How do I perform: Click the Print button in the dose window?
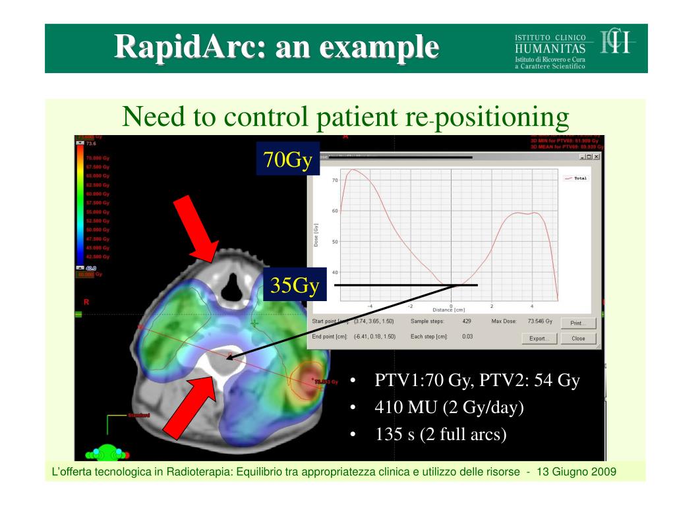click(x=578, y=323)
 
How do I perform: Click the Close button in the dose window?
click(x=578, y=338)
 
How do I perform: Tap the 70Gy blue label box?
click(x=287, y=159)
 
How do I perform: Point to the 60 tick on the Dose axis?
click(x=335, y=211)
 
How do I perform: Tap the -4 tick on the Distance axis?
click(x=370, y=306)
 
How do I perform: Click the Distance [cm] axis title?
click(x=451, y=310)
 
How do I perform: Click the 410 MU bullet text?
click(x=449, y=408)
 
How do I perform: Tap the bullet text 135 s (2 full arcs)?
click(x=440, y=435)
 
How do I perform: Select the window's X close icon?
click(x=596, y=157)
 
